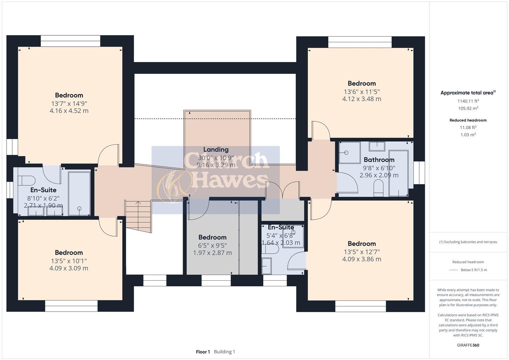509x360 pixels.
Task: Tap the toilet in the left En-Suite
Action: [x=26, y=180]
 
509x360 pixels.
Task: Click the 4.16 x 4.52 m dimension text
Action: [x=69, y=111]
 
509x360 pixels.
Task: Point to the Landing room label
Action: [x=216, y=150]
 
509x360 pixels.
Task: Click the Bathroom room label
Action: [x=379, y=160]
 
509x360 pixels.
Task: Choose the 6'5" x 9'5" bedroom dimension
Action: [x=212, y=245]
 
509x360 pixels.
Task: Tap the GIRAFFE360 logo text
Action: [x=468, y=345]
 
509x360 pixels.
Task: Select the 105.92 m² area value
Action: [x=468, y=108]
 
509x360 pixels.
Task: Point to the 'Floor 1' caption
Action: [x=203, y=352]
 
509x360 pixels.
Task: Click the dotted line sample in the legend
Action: [x=453, y=270]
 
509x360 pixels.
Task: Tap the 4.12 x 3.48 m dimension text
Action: [x=362, y=99]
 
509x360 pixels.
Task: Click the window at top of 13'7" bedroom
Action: [x=70, y=41]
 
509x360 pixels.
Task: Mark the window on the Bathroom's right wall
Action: [x=419, y=172]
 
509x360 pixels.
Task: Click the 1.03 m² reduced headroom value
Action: [x=468, y=135]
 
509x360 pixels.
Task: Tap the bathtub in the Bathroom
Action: [x=398, y=173]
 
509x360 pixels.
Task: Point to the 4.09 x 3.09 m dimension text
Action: [x=69, y=268]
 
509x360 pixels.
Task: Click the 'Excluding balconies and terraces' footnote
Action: [x=468, y=242]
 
